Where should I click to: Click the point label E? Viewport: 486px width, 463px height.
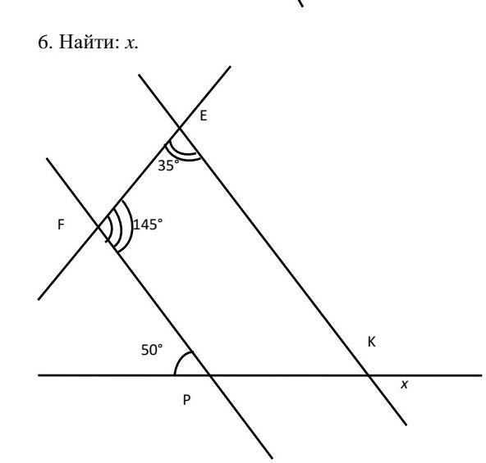tap(203, 116)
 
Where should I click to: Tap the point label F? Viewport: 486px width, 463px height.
tap(61, 225)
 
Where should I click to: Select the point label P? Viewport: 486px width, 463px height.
tap(186, 400)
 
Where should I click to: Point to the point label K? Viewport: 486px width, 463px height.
tap(371, 342)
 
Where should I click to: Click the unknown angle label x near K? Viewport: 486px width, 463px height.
tap(404, 384)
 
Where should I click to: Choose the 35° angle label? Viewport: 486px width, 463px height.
tap(168, 166)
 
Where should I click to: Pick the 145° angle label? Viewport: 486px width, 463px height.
tap(148, 225)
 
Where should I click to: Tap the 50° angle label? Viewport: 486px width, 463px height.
tap(152, 350)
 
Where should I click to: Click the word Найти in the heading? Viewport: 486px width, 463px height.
tap(89, 42)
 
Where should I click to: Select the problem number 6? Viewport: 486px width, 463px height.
tap(44, 42)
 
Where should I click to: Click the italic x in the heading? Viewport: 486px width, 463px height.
tap(131, 43)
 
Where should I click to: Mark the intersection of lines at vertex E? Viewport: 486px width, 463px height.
tap(179, 128)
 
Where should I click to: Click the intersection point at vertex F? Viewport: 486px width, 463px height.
tap(99, 227)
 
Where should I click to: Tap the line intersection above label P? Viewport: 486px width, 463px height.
tap(210, 375)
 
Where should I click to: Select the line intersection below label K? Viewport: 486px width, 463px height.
tap(369, 375)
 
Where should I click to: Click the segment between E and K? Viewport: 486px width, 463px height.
tap(273, 252)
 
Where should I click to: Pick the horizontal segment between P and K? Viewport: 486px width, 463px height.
tap(289, 375)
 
